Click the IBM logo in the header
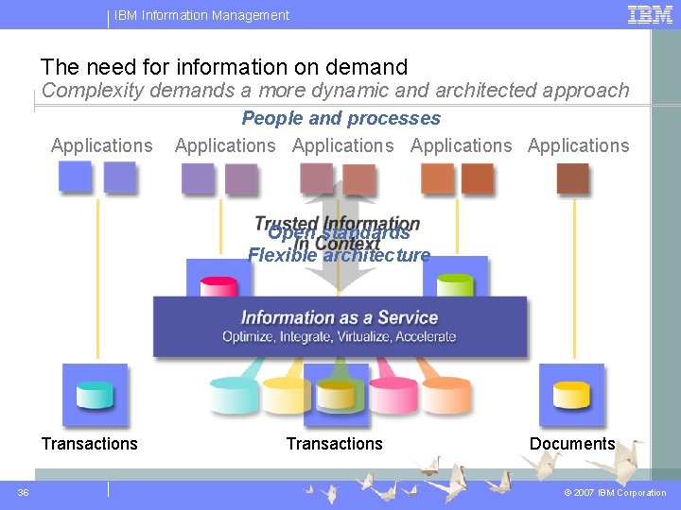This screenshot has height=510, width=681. click(651, 14)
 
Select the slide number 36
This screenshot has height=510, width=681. click(24, 492)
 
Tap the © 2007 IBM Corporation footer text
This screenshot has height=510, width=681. click(615, 493)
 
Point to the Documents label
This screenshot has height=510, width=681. click(572, 444)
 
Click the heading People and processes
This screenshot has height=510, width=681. click(341, 119)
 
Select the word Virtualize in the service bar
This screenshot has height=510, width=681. click(356, 337)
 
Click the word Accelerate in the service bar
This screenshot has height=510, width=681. click(426, 337)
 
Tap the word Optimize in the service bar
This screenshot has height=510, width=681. click(248, 337)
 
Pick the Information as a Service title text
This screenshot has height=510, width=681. click(340, 317)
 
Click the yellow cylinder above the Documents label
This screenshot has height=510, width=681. click(571, 395)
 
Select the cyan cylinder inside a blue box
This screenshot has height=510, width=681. click(95, 395)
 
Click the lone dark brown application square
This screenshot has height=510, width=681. click(572, 178)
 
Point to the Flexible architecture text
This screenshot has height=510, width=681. click(339, 255)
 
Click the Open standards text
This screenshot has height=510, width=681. click(339, 233)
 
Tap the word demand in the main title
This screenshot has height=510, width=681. click(367, 67)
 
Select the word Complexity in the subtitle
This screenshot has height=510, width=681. click(86, 91)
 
